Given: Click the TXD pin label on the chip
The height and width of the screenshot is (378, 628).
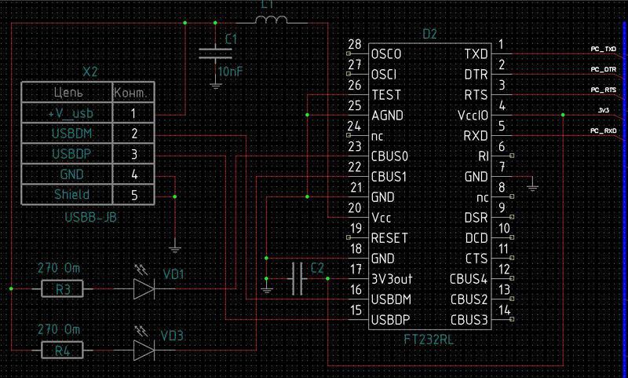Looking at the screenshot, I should [x=476, y=54].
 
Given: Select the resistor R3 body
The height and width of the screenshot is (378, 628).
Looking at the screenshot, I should [x=64, y=290].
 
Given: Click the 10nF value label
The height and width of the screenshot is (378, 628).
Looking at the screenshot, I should [x=230, y=72].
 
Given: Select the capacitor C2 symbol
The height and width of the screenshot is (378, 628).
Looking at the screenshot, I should [x=297, y=278].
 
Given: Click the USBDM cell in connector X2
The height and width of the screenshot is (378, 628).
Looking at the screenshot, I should [x=66, y=134].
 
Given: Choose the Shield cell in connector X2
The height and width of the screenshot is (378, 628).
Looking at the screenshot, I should [x=66, y=194].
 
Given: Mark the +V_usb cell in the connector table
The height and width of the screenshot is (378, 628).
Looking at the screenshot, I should [x=66, y=113].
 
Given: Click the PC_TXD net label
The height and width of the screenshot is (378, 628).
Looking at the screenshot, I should [x=604, y=49].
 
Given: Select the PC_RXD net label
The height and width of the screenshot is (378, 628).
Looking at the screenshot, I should [x=604, y=130].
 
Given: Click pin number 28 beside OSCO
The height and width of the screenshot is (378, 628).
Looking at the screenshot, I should [x=354, y=44].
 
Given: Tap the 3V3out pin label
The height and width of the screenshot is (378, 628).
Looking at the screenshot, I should [x=392, y=279].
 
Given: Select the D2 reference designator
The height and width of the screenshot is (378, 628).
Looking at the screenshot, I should [x=429, y=35].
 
